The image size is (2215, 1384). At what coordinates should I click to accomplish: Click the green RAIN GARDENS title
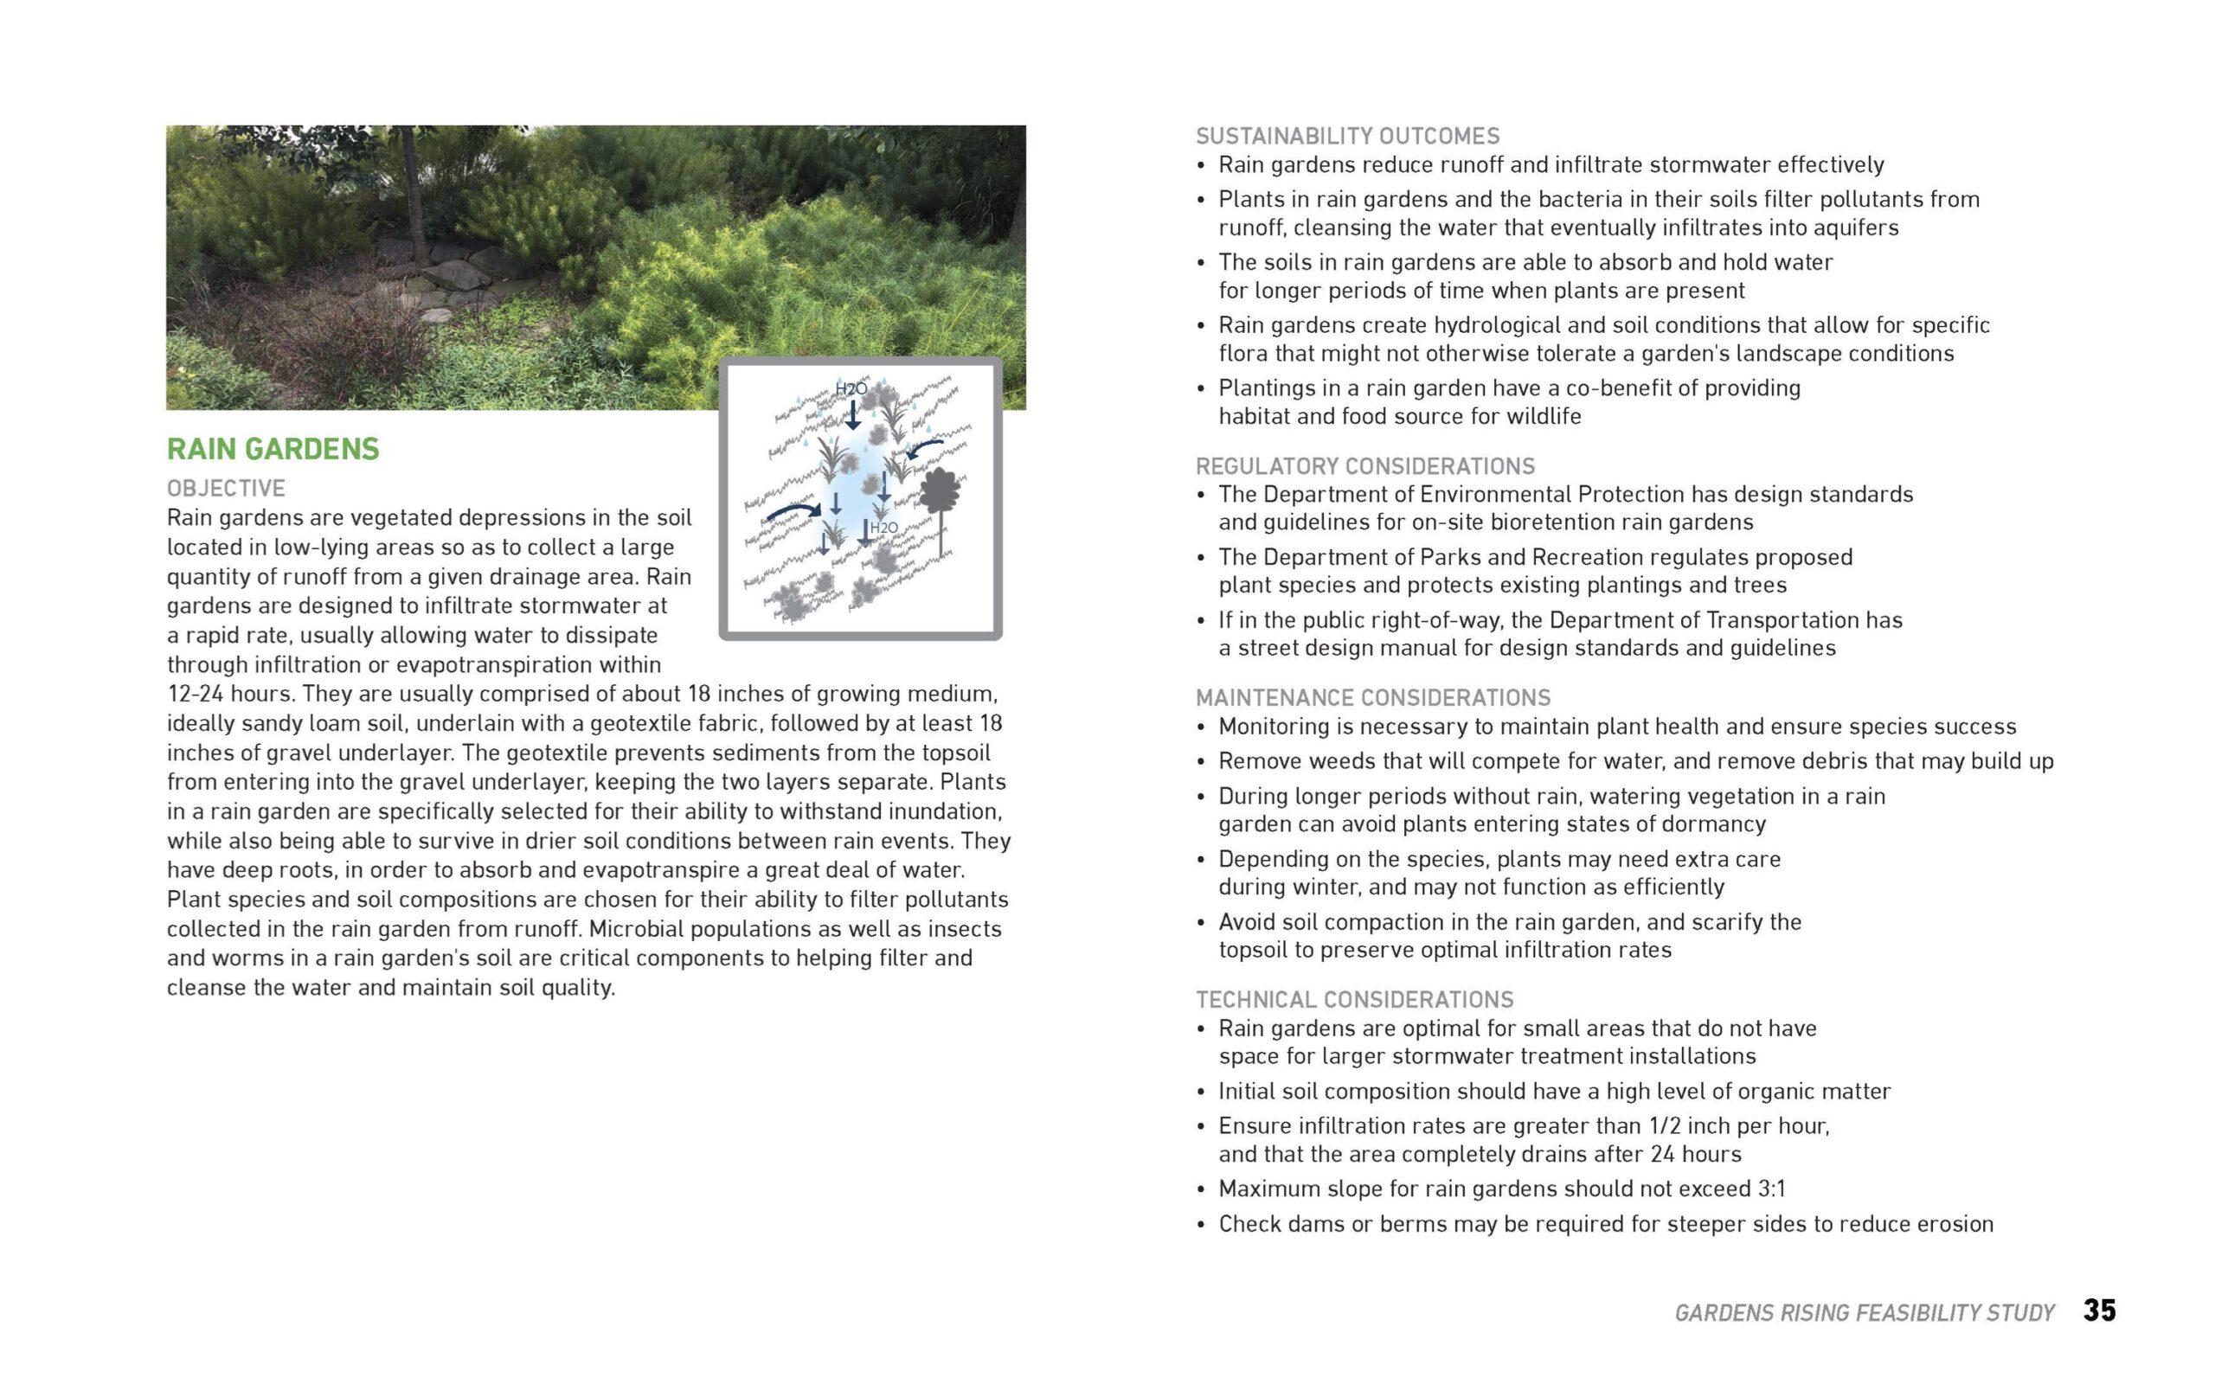[x=273, y=449]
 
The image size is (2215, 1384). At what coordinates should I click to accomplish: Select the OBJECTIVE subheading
[x=226, y=488]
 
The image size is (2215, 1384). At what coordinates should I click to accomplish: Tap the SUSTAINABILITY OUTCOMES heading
[x=1347, y=137]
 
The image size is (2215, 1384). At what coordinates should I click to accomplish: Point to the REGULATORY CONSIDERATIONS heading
[x=1364, y=466]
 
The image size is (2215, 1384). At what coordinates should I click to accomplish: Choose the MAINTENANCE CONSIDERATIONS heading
[x=1373, y=697]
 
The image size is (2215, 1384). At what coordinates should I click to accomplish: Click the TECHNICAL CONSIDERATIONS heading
[x=1355, y=1000]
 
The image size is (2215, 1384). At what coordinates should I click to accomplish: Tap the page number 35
[x=2100, y=1310]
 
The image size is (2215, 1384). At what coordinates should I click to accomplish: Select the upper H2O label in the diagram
[x=851, y=389]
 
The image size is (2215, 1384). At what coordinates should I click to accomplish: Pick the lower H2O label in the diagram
[x=883, y=529]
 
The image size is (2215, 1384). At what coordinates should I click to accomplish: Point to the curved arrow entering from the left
[x=793, y=509]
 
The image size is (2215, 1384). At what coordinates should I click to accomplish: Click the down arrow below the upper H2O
[x=852, y=414]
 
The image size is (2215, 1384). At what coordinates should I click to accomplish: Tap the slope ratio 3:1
[x=1771, y=1189]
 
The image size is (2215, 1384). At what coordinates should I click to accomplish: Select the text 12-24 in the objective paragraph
[x=194, y=694]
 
